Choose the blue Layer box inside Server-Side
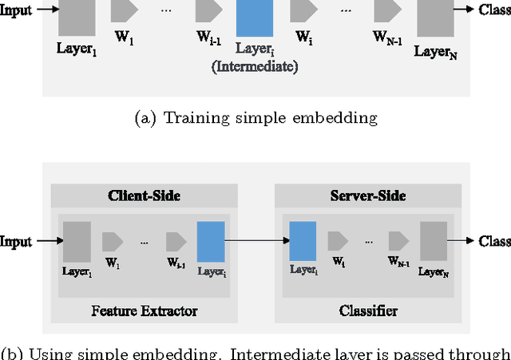pos(303,240)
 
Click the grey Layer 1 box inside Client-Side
pos(77,240)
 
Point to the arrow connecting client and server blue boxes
pos(255,240)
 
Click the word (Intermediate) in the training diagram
pos(255,68)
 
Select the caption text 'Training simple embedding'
pos(269,118)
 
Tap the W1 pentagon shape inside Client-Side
pos(113,240)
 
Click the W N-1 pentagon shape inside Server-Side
pos(398,240)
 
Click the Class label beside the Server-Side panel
pos(494,240)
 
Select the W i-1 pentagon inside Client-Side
pos(176,240)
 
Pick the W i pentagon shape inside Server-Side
pos(338,240)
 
